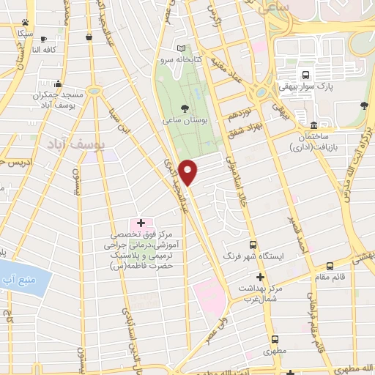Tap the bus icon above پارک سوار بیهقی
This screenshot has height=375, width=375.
pyautogui.click(x=305, y=74)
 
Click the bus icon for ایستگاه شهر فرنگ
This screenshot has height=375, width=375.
pyautogui.click(x=253, y=245)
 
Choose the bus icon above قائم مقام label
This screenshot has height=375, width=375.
pyautogui.click(x=330, y=266)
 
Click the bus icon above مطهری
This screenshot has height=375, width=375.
pyautogui.click(x=275, y=339)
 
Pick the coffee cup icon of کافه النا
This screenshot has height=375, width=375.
pyautogui.click(x=43, y=39)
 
